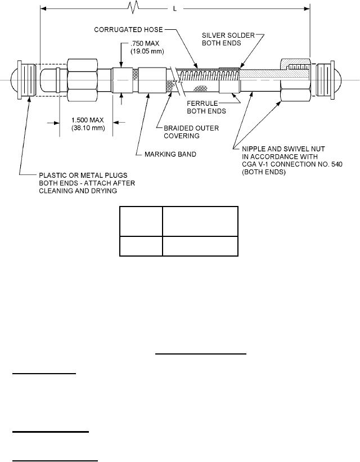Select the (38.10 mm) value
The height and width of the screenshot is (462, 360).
point(85,128)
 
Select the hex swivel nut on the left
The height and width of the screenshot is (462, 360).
point(83,80)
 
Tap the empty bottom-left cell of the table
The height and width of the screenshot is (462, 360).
point(140,245)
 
